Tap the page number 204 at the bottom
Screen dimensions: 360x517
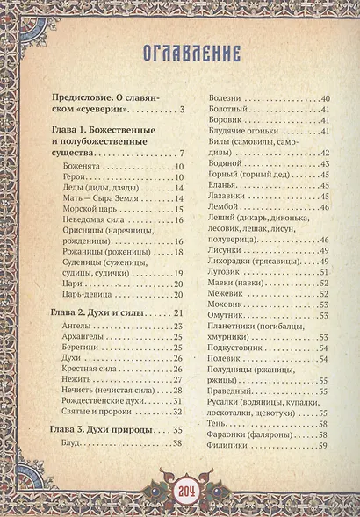[x=180, y=492]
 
